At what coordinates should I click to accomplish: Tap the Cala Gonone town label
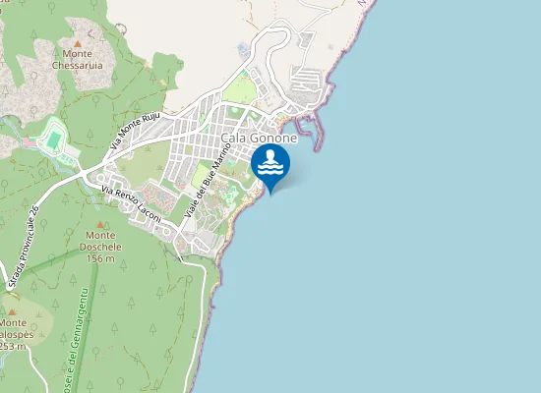(260, 139)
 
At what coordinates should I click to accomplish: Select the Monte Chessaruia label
(77, 60)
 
